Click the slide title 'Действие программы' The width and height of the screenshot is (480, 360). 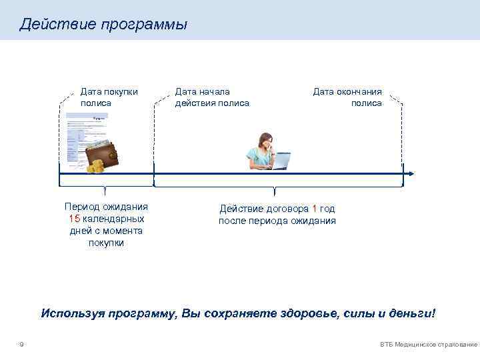103,25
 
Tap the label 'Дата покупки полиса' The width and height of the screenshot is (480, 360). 109,97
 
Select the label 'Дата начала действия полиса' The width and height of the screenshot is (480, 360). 212,97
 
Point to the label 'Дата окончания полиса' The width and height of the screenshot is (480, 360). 347,97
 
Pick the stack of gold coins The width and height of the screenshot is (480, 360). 97,166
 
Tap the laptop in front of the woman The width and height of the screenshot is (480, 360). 279,160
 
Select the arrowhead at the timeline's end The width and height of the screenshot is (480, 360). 411,173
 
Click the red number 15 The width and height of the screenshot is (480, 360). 73,219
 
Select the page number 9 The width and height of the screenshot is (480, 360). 22,344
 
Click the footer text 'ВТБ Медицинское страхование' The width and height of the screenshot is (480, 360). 428,345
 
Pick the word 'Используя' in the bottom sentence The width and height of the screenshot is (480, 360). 70,313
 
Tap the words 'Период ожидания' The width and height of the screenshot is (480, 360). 106,207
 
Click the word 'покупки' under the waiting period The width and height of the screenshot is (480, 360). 106,243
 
